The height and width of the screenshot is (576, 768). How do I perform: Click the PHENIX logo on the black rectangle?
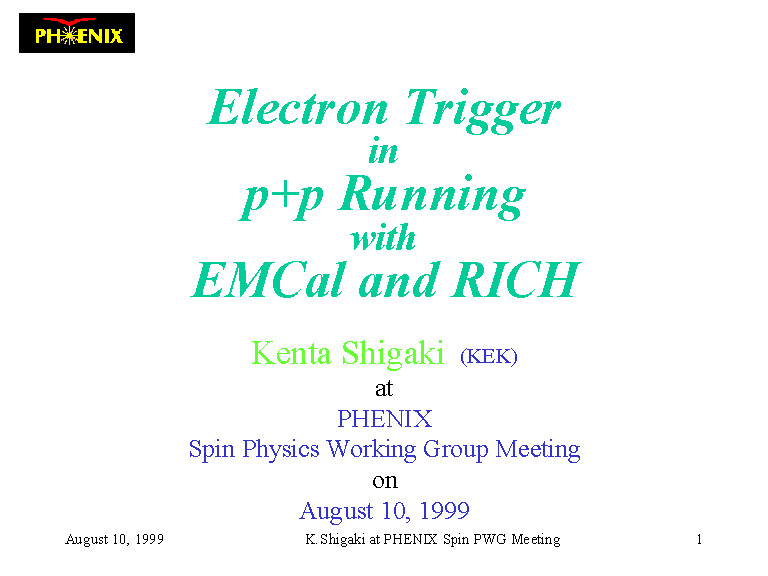coord(77,33)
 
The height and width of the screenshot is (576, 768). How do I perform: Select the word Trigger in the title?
coord(483,111)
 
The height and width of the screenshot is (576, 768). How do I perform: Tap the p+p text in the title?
coord(282,198)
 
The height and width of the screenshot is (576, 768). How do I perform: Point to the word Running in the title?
coord(432,197)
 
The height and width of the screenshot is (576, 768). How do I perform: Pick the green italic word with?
coord(383,238)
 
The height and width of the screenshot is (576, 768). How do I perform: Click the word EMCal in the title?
coord(267,280)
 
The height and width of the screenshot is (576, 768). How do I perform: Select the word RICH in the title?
coord(516,280)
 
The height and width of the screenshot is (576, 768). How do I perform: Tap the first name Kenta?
coord(291,353)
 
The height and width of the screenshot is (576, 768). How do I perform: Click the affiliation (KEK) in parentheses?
coord(489,356)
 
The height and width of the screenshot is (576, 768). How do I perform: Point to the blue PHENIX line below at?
coord(384,419)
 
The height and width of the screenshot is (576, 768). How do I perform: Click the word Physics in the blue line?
coord(281,449)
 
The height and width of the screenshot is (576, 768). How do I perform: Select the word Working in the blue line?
coord(371,449)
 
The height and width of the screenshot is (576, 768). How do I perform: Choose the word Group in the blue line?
coord(456,449)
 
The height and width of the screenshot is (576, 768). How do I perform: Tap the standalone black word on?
coord(384,481)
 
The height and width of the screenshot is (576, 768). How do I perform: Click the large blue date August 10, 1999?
coord(384,511)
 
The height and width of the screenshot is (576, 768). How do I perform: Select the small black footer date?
coord(115,539)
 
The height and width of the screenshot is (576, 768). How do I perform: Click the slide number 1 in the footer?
coord(699,539)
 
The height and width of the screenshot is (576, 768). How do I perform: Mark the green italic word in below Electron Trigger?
coord(383,151)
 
